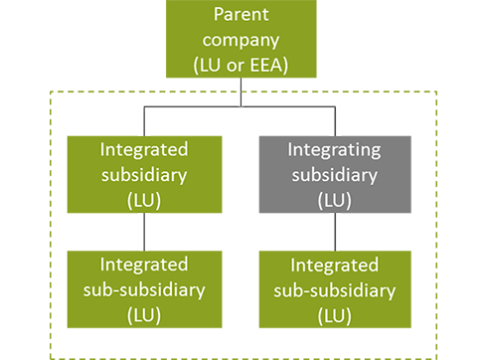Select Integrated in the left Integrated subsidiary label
(145, 150)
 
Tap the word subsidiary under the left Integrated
(145, 175)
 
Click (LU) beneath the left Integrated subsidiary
(145, 200)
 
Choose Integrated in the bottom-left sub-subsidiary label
(145, 265)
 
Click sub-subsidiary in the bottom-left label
(145, 289)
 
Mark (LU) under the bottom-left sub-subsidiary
(145, 315)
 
